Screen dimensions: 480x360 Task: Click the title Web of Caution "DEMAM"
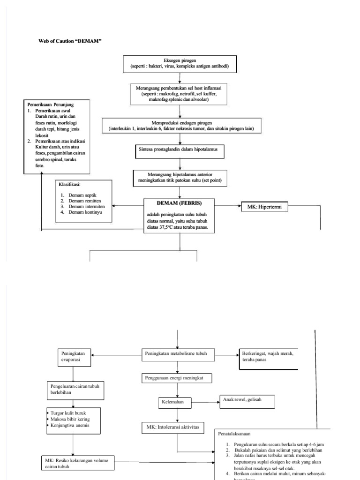click(x=70, y=41)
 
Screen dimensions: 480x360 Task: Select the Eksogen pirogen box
click(x=180, y=64)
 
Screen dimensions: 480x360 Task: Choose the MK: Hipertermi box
click(x=264, y=207)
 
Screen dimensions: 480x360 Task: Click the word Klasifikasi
click(x=69, y=184)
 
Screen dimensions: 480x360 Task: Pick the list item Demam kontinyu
click(x=84, y=212)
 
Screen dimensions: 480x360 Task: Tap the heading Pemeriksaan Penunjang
click(x=51, y=104)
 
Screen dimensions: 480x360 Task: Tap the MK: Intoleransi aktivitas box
click(x=176, y=427)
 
